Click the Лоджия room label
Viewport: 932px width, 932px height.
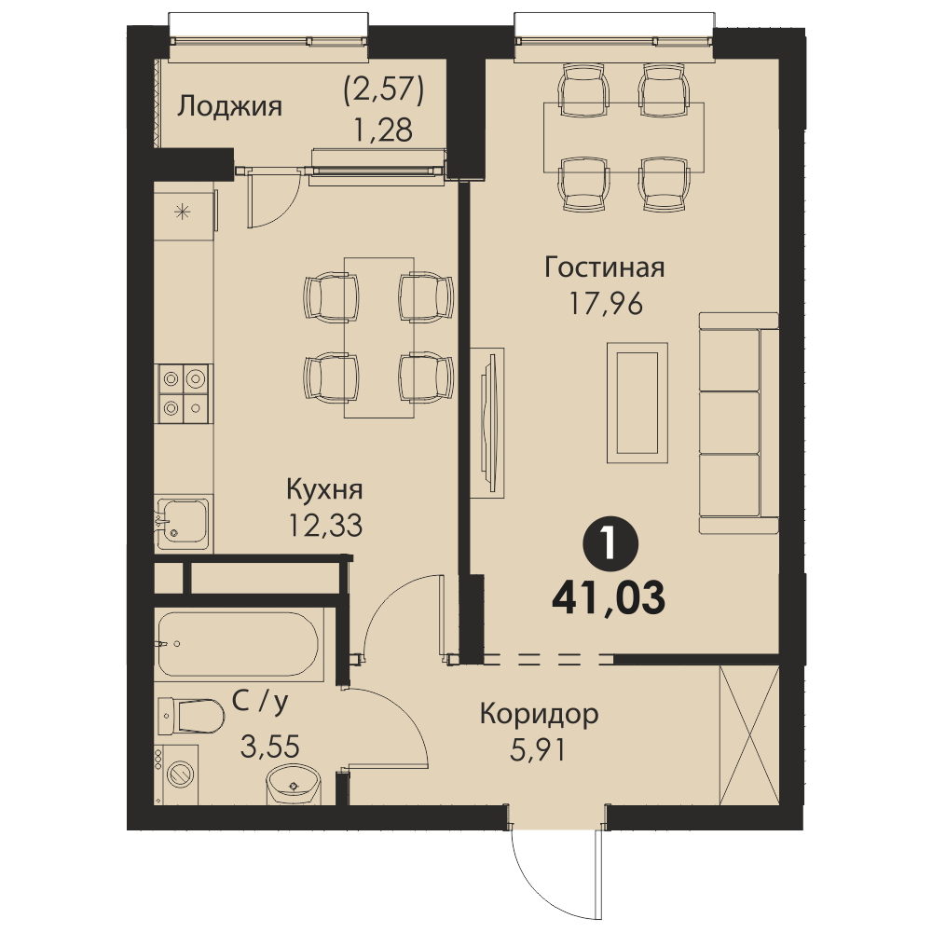tap(229, 108)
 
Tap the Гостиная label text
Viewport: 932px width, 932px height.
tap(605, 267)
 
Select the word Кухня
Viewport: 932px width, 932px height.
tap(324, 490)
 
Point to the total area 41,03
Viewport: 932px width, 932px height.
tap(609, 598)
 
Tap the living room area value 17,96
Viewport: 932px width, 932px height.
tap(606, 305)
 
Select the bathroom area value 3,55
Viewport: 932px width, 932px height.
tap(270, 747)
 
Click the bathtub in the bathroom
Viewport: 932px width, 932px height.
tap(239, 644)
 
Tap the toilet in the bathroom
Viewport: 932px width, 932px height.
tap(190, 716)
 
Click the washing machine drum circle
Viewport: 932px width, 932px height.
tap(181, 774)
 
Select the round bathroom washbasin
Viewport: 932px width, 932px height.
tap(294, 784)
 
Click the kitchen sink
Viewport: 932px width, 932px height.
tap(183, 523)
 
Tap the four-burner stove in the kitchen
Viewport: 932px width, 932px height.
tap(183, 393)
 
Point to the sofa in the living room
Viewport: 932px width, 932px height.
tap(739, 422)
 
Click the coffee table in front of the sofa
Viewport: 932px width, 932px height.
tap(637, 403)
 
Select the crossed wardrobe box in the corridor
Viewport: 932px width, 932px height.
tap(749, 735)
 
